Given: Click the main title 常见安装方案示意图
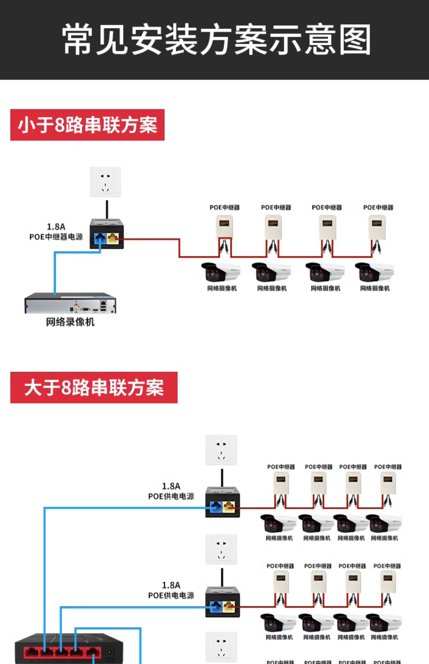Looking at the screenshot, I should (x=216, y=40).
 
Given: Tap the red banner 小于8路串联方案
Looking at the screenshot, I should (x=87, y=125).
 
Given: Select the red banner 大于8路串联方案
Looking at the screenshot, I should (x=94, y=387).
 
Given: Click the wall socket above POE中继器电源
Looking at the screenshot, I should (x=106, y=182).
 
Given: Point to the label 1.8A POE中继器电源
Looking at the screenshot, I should (x=56, y=232).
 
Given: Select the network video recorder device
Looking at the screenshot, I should (x=70, y=304).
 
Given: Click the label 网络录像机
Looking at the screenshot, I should (x=70, y=322).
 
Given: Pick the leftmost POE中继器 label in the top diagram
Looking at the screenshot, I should (x=225, y=208).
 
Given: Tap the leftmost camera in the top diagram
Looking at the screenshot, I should (x=221, y=272).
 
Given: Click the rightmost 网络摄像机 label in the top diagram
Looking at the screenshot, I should (x=375, y=289).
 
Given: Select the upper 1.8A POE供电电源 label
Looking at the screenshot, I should (x=171, y=491).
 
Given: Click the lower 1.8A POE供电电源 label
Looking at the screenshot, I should (x=171, y=590).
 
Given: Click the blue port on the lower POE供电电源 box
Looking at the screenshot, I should (x=216, y=606).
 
